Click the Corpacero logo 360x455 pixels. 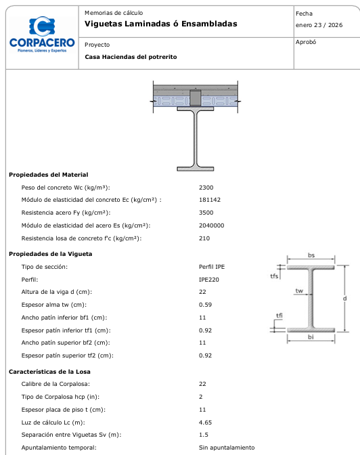(42, 35)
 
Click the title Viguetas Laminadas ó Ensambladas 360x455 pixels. (161, 24)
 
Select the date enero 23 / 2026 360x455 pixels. (319, 26)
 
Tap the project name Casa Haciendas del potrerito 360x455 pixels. (131, 57)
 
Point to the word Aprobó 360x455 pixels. (307, 42)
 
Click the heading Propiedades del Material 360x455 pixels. (48, 175)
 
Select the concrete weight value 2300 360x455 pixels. (206, 187)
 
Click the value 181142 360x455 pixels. (209, 200)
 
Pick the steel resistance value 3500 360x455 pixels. (206, 213)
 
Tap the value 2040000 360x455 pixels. (211, 225)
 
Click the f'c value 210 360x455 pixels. (204, 238)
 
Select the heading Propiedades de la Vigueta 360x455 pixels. (50, 253)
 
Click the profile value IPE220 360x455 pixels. (209, 279)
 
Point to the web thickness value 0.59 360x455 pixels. (205, 305)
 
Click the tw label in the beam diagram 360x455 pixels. (298, 290)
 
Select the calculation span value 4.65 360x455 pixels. (205, 422)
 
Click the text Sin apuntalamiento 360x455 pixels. (227, 448)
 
